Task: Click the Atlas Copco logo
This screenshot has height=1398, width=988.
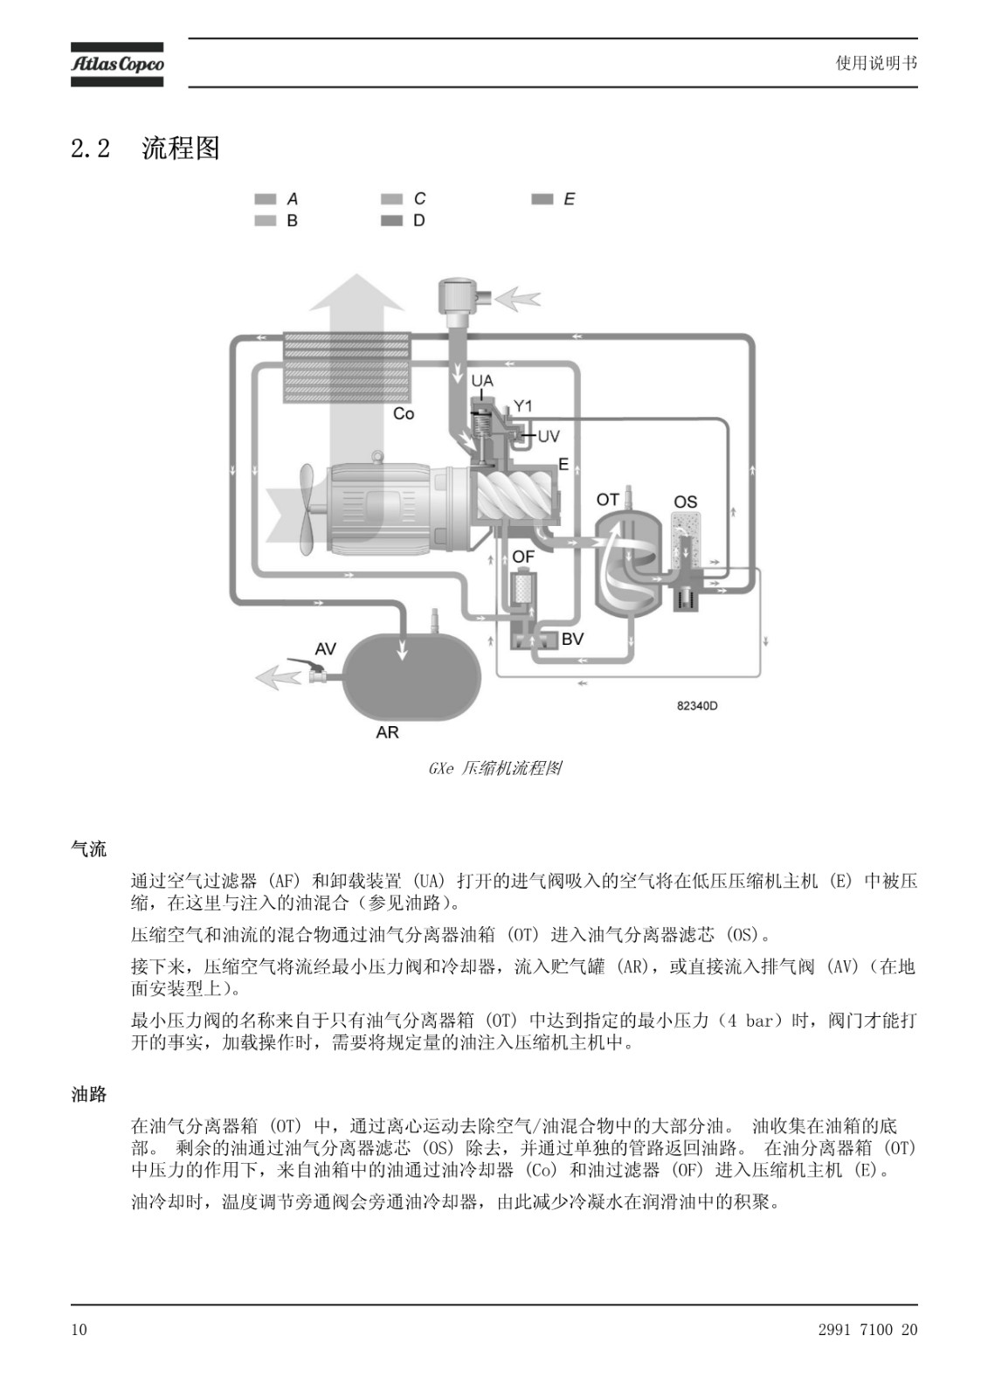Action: coord(117,65)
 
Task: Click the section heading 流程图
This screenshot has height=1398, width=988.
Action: coord(180,148)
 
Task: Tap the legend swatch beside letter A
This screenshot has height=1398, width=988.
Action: coord(266,199)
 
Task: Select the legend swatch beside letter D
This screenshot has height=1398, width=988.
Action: coord(391,220)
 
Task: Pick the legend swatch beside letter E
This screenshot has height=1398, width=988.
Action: coord(542,199)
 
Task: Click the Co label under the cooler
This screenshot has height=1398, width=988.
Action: coord(404,414)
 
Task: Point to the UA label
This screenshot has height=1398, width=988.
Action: coord(482,380)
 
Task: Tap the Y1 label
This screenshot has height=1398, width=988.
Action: coord(522,406)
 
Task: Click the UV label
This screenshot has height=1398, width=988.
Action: coord(549,436)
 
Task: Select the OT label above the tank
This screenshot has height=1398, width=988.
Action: coord(607,499)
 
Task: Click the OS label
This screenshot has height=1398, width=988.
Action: coord(685,502)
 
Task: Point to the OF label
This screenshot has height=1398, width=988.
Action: coord(523,556)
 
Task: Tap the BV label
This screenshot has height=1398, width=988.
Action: coord(572,639)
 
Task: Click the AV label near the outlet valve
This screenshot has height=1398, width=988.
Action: coord(325,649)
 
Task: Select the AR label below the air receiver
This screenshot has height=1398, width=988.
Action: coord(387,732)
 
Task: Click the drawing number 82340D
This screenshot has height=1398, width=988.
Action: coord(697,706)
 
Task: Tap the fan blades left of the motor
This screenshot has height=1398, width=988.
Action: coord(307,509)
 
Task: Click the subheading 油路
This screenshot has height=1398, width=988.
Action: coord(88,1094)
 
